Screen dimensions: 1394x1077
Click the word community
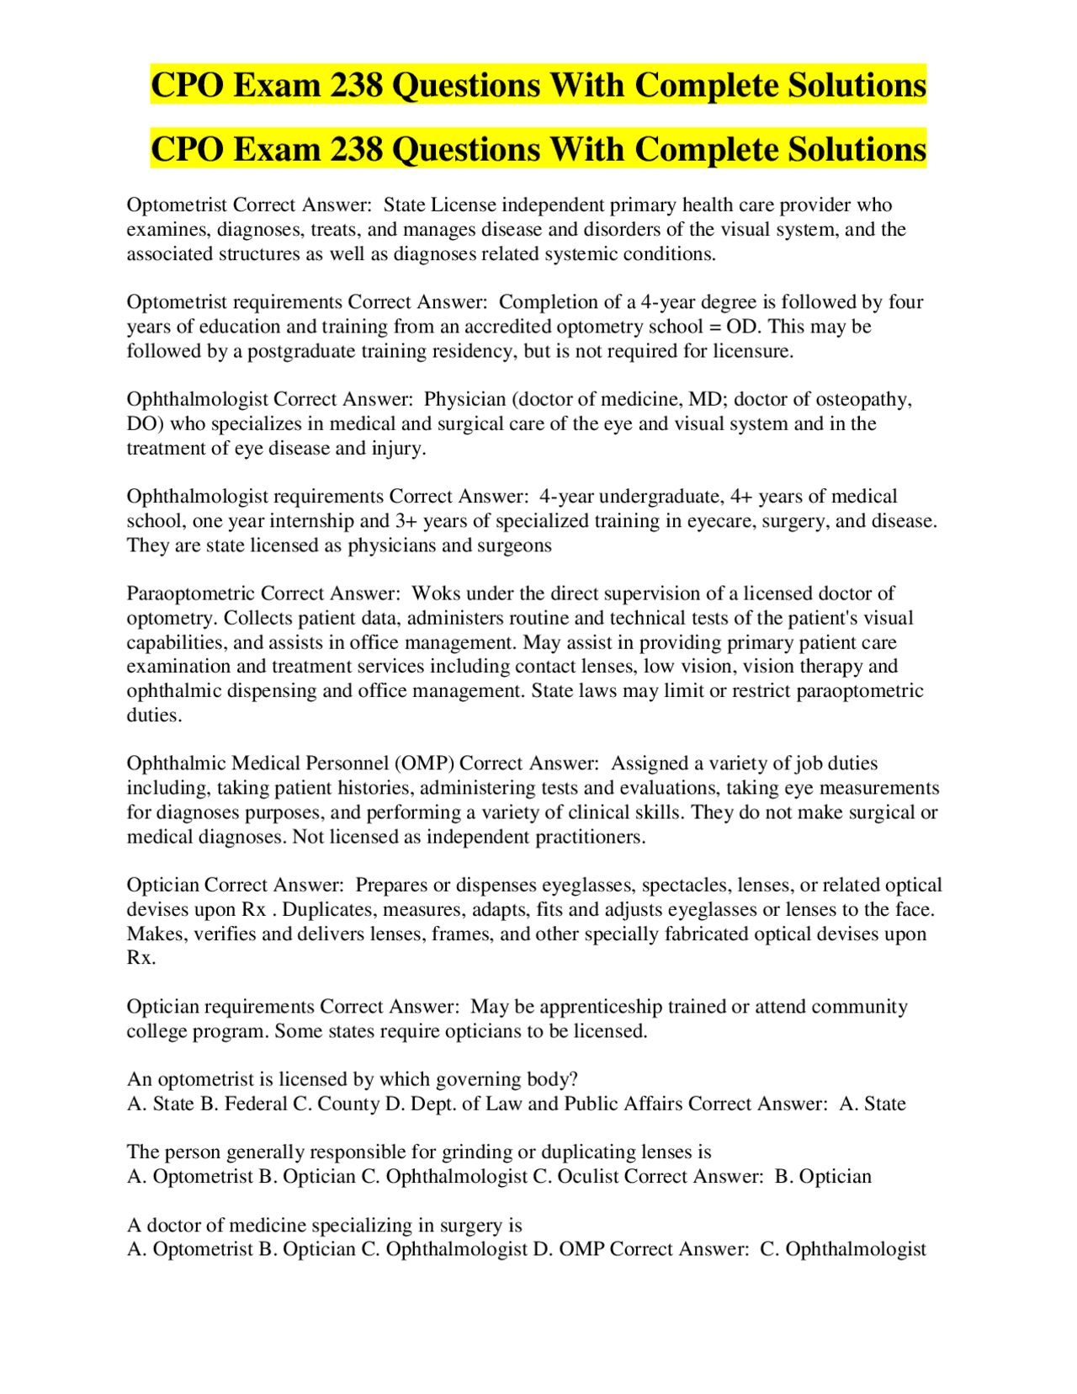click(x=856, y=1007)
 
